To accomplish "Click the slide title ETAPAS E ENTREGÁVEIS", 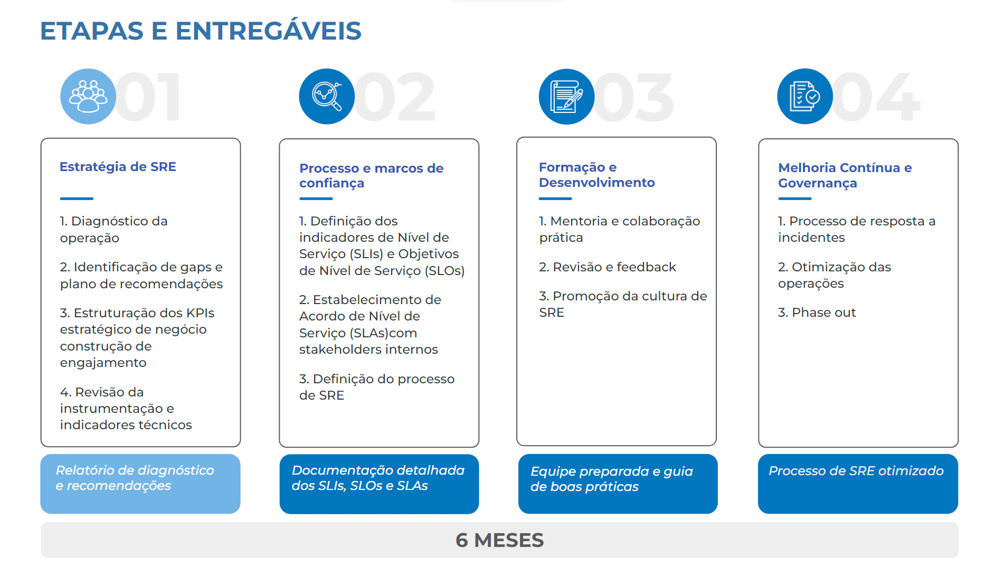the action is (201, 31).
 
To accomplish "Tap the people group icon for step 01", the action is (88, 97).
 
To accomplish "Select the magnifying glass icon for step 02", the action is (327, 97).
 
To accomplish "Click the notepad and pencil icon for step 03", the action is (566, 97).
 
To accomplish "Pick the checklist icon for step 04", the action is (804, 97).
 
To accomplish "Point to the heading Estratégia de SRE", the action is (118, 167).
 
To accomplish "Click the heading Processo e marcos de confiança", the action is (371, 175).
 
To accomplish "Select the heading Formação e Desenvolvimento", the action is (596, 175).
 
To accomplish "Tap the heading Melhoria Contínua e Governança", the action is (845, 175).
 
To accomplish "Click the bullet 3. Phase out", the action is (817, 313).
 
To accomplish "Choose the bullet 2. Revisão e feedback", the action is (607, 267).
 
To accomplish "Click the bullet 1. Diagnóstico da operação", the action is (113, 229).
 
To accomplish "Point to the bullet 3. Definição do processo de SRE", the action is (376, 387).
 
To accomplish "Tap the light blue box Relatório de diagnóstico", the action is (140, 483).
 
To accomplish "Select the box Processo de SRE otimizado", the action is (858, 483).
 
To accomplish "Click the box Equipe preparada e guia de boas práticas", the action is (618, 483).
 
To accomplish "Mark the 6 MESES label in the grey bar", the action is (499, 540).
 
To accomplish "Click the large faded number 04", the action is (879, 98).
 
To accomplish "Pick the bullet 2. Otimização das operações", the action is (834, 275).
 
